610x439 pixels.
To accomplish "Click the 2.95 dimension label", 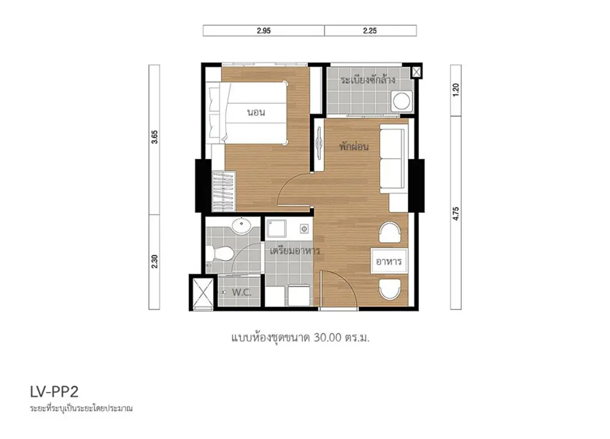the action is click(x=264, y=31).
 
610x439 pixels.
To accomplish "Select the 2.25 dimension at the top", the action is click(x=370, y=31).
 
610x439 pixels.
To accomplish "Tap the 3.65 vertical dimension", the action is click(x=154, y=137).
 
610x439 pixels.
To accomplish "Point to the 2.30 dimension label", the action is click(x=154, y=261).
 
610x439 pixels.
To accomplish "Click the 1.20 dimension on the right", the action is click(x=456, y=90).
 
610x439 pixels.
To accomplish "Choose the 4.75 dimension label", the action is click(x=456, y=214).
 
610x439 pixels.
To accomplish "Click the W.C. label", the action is click(x=242, y=292).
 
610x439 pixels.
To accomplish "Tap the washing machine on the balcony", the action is click(x=401, y=101).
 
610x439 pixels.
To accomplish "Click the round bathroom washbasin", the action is click(x=242, y=225).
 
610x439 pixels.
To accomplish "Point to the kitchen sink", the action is click(x=276, y=228).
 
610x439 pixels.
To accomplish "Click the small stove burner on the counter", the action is click(x=304, y=228).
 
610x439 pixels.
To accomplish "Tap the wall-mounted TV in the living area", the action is click(x=319, y=143).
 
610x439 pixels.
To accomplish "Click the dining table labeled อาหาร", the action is click(x=389, y=261).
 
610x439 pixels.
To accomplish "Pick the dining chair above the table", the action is click(x=390, y=233).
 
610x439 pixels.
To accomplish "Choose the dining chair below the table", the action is click(x=390, y=289).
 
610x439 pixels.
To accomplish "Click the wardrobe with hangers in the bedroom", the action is click(x=223, y=191).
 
